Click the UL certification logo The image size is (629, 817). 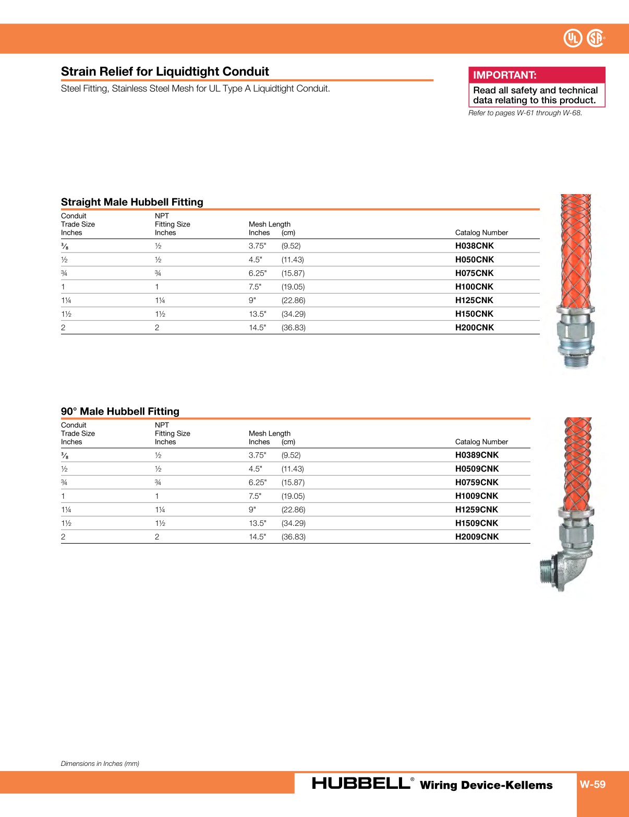click(573, 38)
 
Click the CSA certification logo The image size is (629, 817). click(595, 38)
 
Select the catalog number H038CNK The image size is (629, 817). click(474, 246)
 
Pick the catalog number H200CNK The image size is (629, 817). click(474, 328)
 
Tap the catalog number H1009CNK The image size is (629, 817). click(477, 496)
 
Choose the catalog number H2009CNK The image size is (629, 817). click(477, 537)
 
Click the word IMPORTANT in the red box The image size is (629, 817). click(504, 75)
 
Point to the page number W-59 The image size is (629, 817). click(592, 784)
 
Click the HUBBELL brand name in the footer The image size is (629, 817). click(361, 783)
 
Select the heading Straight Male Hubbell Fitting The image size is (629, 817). click(132, 202)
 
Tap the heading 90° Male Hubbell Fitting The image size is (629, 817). click(120, 411)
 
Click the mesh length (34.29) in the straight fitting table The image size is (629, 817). click(293, 314)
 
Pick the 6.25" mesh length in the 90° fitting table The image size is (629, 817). click(257, 483)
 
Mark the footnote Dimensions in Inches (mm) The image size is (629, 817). click(100, 763)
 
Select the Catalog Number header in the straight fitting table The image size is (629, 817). click(481, 233)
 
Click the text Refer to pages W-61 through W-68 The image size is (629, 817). click(525, 113)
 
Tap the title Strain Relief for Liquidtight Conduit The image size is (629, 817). click(165, 71)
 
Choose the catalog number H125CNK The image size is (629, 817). click(474, 301)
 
